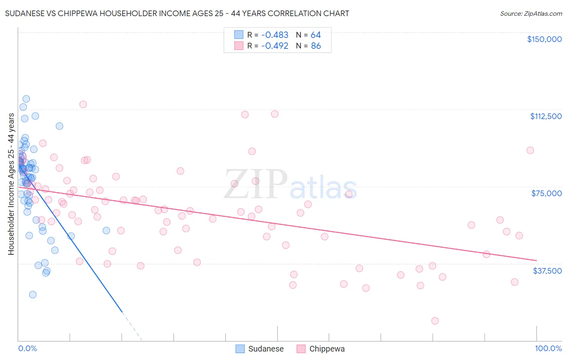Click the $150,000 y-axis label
pyautogui.click(x=544, y=39)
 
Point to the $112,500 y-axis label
pyautogui.click(x=546, y=116)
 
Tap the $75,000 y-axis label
pyautogui.click(x=546, y=193)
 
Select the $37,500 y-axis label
pyautogui.click(x=547, y=271)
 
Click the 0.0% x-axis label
pyautogui.click(x=27, y=349)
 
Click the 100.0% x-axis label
pyautogui.click(x=548, y=349)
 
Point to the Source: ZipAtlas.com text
pyautogui.click(x=531, y=13)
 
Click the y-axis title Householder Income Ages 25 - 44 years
pyautogui.click(x=11, y=184)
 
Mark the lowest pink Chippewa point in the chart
pyautogui.click(x=435, y=321)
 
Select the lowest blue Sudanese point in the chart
pyautogui.click(x=33, y=295)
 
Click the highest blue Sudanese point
pyautogui.click(x=26, y=99)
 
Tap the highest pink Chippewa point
pyautogui.click(x=83, y=104)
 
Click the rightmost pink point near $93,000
pyautogui.click(x=530, y=150)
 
